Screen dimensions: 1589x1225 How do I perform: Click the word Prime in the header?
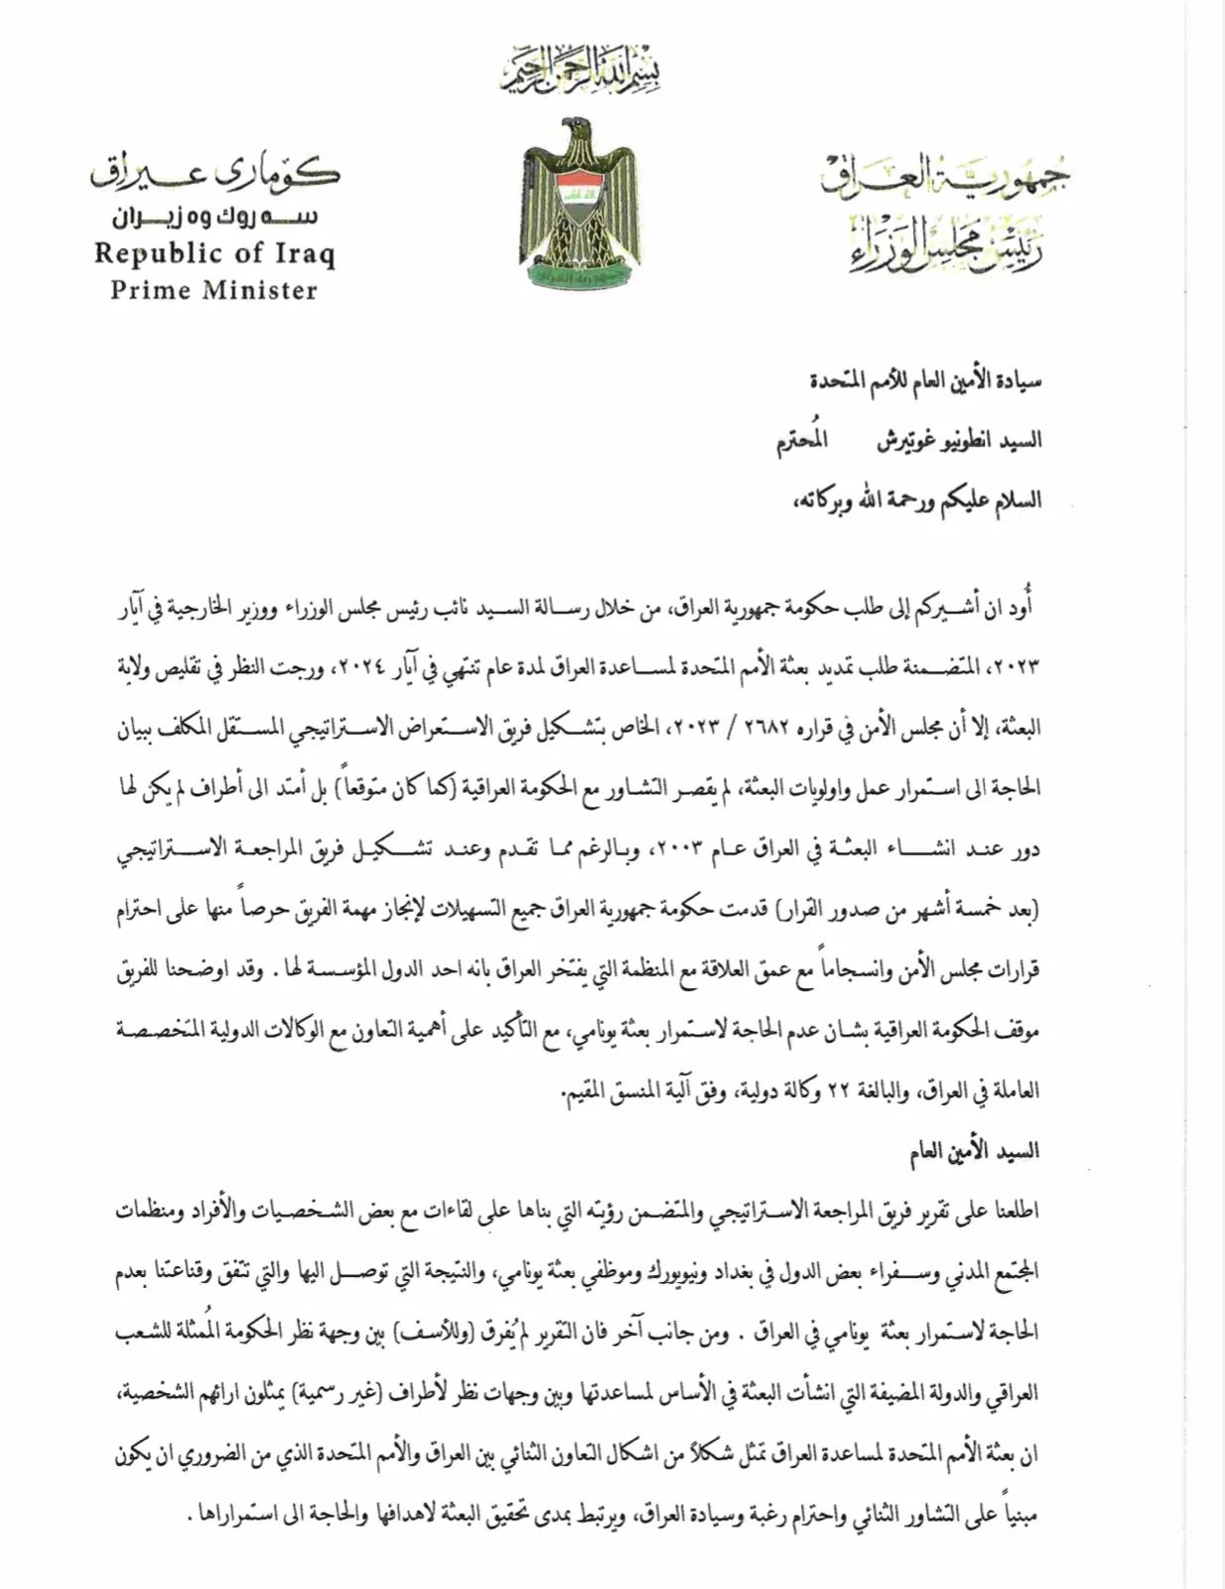[x=150, y=291]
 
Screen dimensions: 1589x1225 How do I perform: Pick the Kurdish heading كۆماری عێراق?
[x=216, y=174]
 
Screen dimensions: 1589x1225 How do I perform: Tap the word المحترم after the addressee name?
[x=801, y=440]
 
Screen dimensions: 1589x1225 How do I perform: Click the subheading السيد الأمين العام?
[x=974, y=1151]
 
